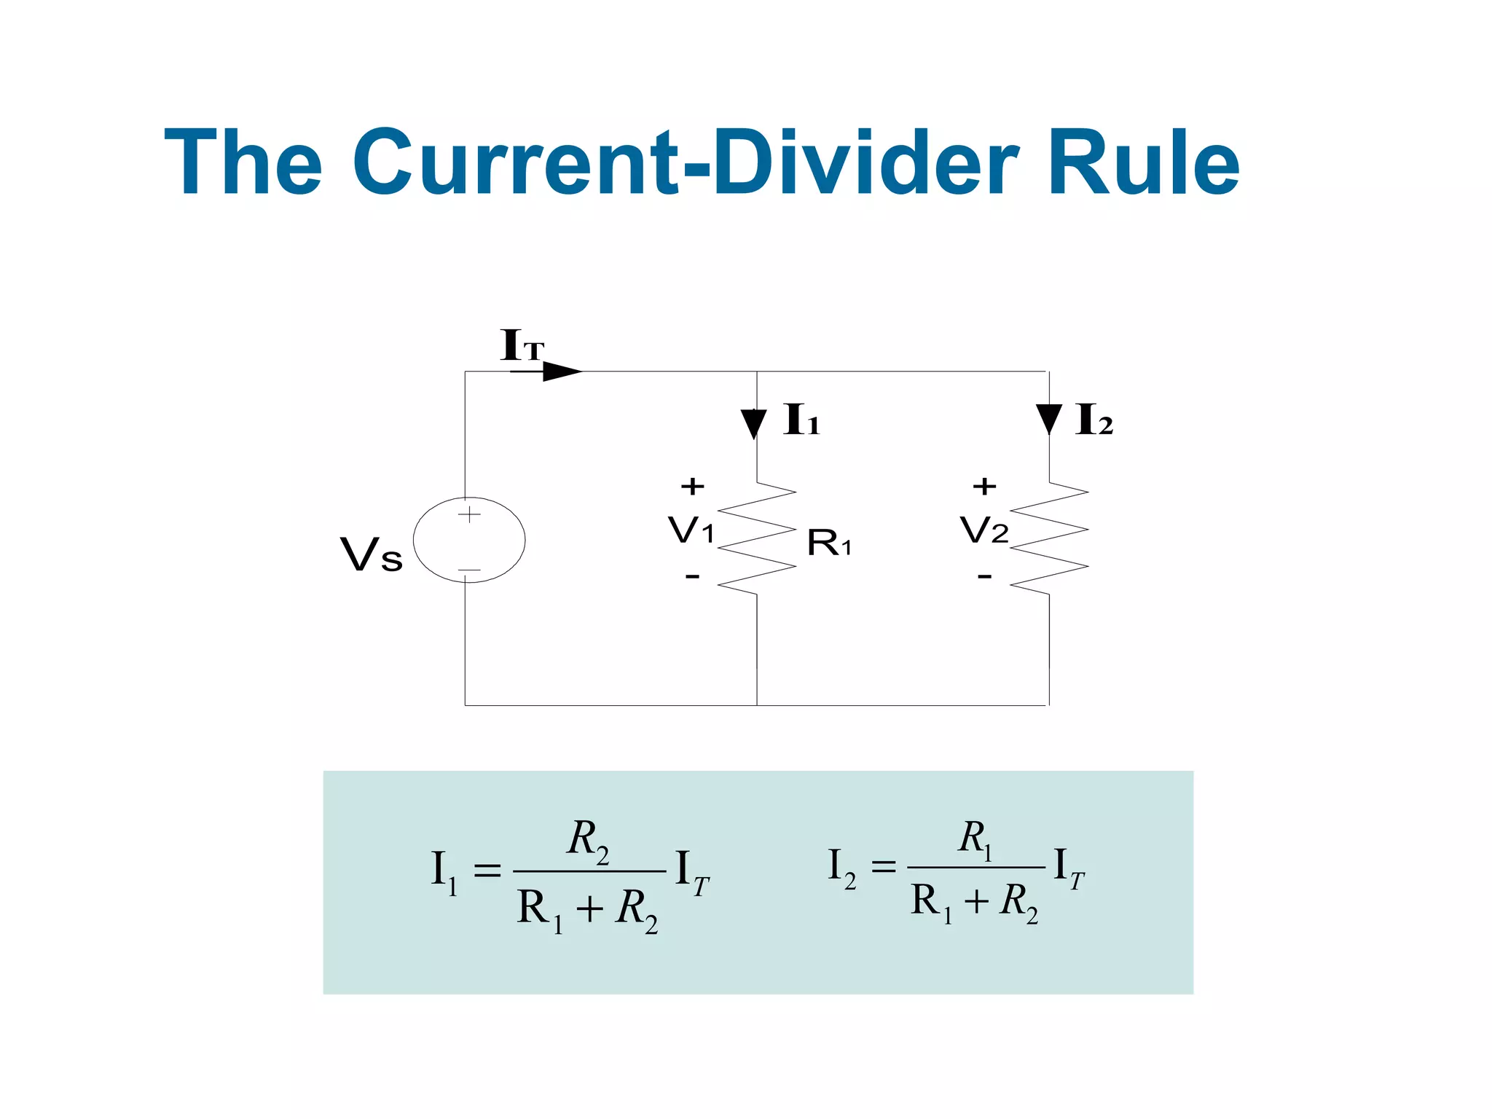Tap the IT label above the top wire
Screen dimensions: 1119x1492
click(522, 345)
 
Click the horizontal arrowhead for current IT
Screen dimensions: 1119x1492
click(562, 372)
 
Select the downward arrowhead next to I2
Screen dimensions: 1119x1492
click(1048, 419)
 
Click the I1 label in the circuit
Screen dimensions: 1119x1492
click(801, 420)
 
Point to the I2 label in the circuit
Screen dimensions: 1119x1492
click(1094, 420)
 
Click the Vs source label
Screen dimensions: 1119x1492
click(371, 555)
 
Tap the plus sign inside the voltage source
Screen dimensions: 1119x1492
click(469, 514)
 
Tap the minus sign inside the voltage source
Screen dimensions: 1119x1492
click(469, 570)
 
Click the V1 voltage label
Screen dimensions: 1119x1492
click(691, 530)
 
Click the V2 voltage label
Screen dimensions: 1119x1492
click(983, 530)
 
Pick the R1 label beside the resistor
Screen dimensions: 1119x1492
click(828, 543)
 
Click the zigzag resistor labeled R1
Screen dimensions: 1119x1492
click(757, 538)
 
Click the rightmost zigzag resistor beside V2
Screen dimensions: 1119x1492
click(1049, 538)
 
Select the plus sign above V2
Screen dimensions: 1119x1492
click(984, 486)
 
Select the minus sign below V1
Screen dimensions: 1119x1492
click(692, 577)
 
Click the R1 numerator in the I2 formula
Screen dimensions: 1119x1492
click(975, 839)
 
